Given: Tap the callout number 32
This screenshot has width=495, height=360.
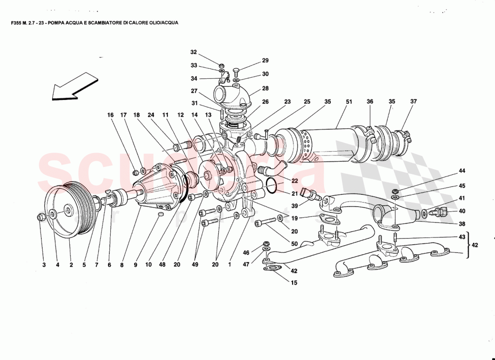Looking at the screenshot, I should pos(193,52).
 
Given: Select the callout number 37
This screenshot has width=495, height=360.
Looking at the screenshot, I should pos(414,102).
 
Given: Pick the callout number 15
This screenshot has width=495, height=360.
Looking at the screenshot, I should pos(294,283).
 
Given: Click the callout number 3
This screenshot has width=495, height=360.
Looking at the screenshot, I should pos(44,265).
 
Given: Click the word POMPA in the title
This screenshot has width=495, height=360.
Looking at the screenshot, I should pos(56,22).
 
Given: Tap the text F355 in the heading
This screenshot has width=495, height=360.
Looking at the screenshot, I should pos(17,22).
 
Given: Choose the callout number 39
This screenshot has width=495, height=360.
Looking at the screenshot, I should pos(295,206).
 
